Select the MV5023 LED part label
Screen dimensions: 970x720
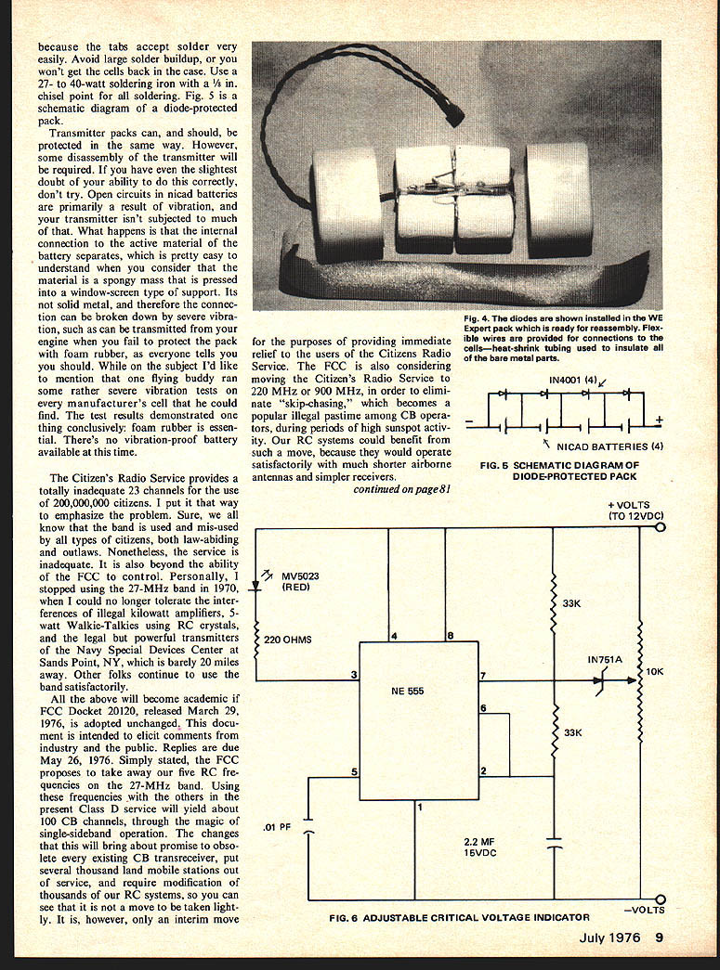pyautogui.click(x=301, y=581)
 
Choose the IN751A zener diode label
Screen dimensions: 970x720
pyautogui.click(x=606, y=660)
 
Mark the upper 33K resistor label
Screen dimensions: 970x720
pyautogui.click(x=573, y=603)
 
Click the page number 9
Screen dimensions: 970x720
pyautogui.click(x=659, y=937)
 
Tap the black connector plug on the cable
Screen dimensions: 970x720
pyautogui.click(x=453, y=112)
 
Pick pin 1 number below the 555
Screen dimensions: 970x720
pyautogui.click(x=420, y=807)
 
